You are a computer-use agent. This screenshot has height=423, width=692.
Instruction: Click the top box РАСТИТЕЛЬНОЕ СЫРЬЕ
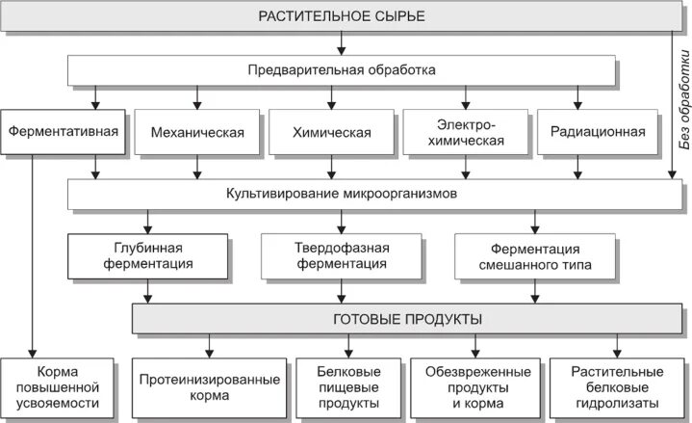coord(342,16)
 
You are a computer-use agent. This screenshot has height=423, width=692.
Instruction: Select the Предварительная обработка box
coord(342,69)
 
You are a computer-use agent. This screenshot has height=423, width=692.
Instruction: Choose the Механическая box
coord(197,132)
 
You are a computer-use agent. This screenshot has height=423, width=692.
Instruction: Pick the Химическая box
coord(331,132)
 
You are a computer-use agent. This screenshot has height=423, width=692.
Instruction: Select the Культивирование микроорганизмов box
coord(342,194)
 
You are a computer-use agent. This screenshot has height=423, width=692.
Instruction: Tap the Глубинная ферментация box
coord(147,254)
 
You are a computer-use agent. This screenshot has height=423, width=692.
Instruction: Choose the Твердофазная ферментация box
coord(342,254)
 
